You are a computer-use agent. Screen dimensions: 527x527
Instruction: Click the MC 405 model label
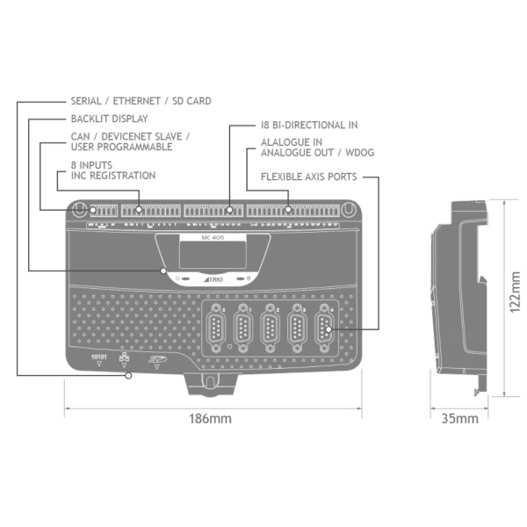tap(211, 238)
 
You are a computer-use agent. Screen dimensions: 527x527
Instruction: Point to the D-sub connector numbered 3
tap(271, 332)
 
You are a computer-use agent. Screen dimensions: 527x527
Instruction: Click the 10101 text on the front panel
tap(99, 357)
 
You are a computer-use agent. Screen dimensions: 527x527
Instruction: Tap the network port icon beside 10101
tap(123, 358)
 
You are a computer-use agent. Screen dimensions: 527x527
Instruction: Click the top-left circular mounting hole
tap(78, 210)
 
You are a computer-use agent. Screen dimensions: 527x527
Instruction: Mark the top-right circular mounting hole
tap(349, 210)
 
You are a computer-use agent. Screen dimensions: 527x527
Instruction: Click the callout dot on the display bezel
tap(163, 271)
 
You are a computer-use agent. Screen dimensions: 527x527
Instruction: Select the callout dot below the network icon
tap(129, 377)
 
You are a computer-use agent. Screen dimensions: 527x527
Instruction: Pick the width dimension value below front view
tap(211, 421)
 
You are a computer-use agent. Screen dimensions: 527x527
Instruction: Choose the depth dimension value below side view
tap(461, 421)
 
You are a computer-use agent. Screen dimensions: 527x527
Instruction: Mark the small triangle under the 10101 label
tap(99, 367)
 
